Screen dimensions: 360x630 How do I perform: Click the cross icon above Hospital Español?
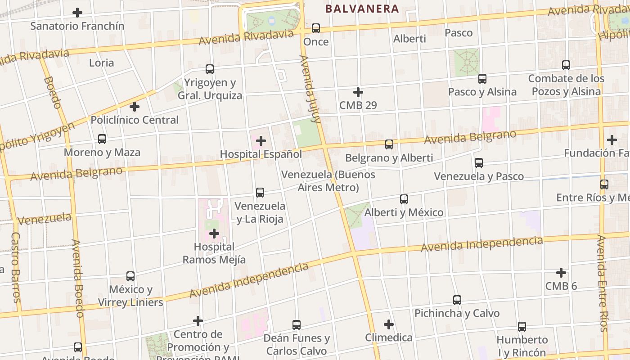click(261, 141)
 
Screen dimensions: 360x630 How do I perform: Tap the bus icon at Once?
click(316, 28)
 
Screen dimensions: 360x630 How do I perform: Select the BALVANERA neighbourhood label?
click(362, 9)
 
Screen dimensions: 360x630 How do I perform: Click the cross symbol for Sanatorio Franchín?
click(77, 13)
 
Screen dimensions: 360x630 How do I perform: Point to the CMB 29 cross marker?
click(358, 92)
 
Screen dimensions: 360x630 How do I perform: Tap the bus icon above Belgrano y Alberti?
click(389, 144)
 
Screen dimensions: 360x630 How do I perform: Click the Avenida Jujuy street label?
click(310, 89)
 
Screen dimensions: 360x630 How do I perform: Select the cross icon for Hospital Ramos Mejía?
click(214, 234)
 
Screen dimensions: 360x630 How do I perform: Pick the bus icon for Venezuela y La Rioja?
click(260, 193)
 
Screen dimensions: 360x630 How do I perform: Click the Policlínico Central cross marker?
click(135, 107)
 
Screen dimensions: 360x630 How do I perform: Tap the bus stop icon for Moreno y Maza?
click(102, 139)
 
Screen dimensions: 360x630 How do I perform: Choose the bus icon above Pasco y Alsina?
click(482, 79)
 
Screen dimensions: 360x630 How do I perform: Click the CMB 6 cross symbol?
click(561, 273)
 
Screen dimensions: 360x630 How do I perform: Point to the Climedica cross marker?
click(389, 324)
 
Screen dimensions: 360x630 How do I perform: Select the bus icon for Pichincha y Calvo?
click(457, 300)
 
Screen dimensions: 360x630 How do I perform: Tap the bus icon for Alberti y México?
click(404, 199)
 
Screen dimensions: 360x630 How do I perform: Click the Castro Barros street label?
click(16, 267)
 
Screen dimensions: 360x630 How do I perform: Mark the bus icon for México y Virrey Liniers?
click(130, 276)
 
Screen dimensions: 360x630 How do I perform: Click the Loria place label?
click(101, 63)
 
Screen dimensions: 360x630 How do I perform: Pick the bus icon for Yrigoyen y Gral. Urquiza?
click(210, 69)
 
